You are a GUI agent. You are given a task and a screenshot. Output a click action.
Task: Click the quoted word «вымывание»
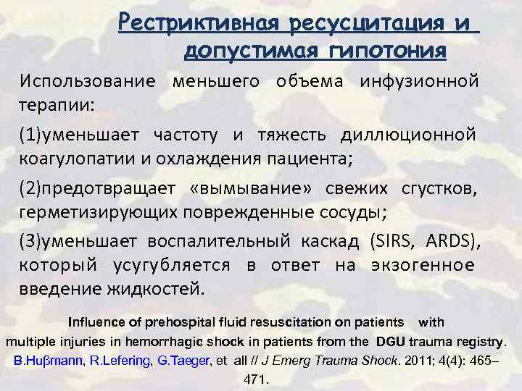[239, 189]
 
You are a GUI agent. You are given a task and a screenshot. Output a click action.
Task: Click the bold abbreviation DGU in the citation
[391, 341]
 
